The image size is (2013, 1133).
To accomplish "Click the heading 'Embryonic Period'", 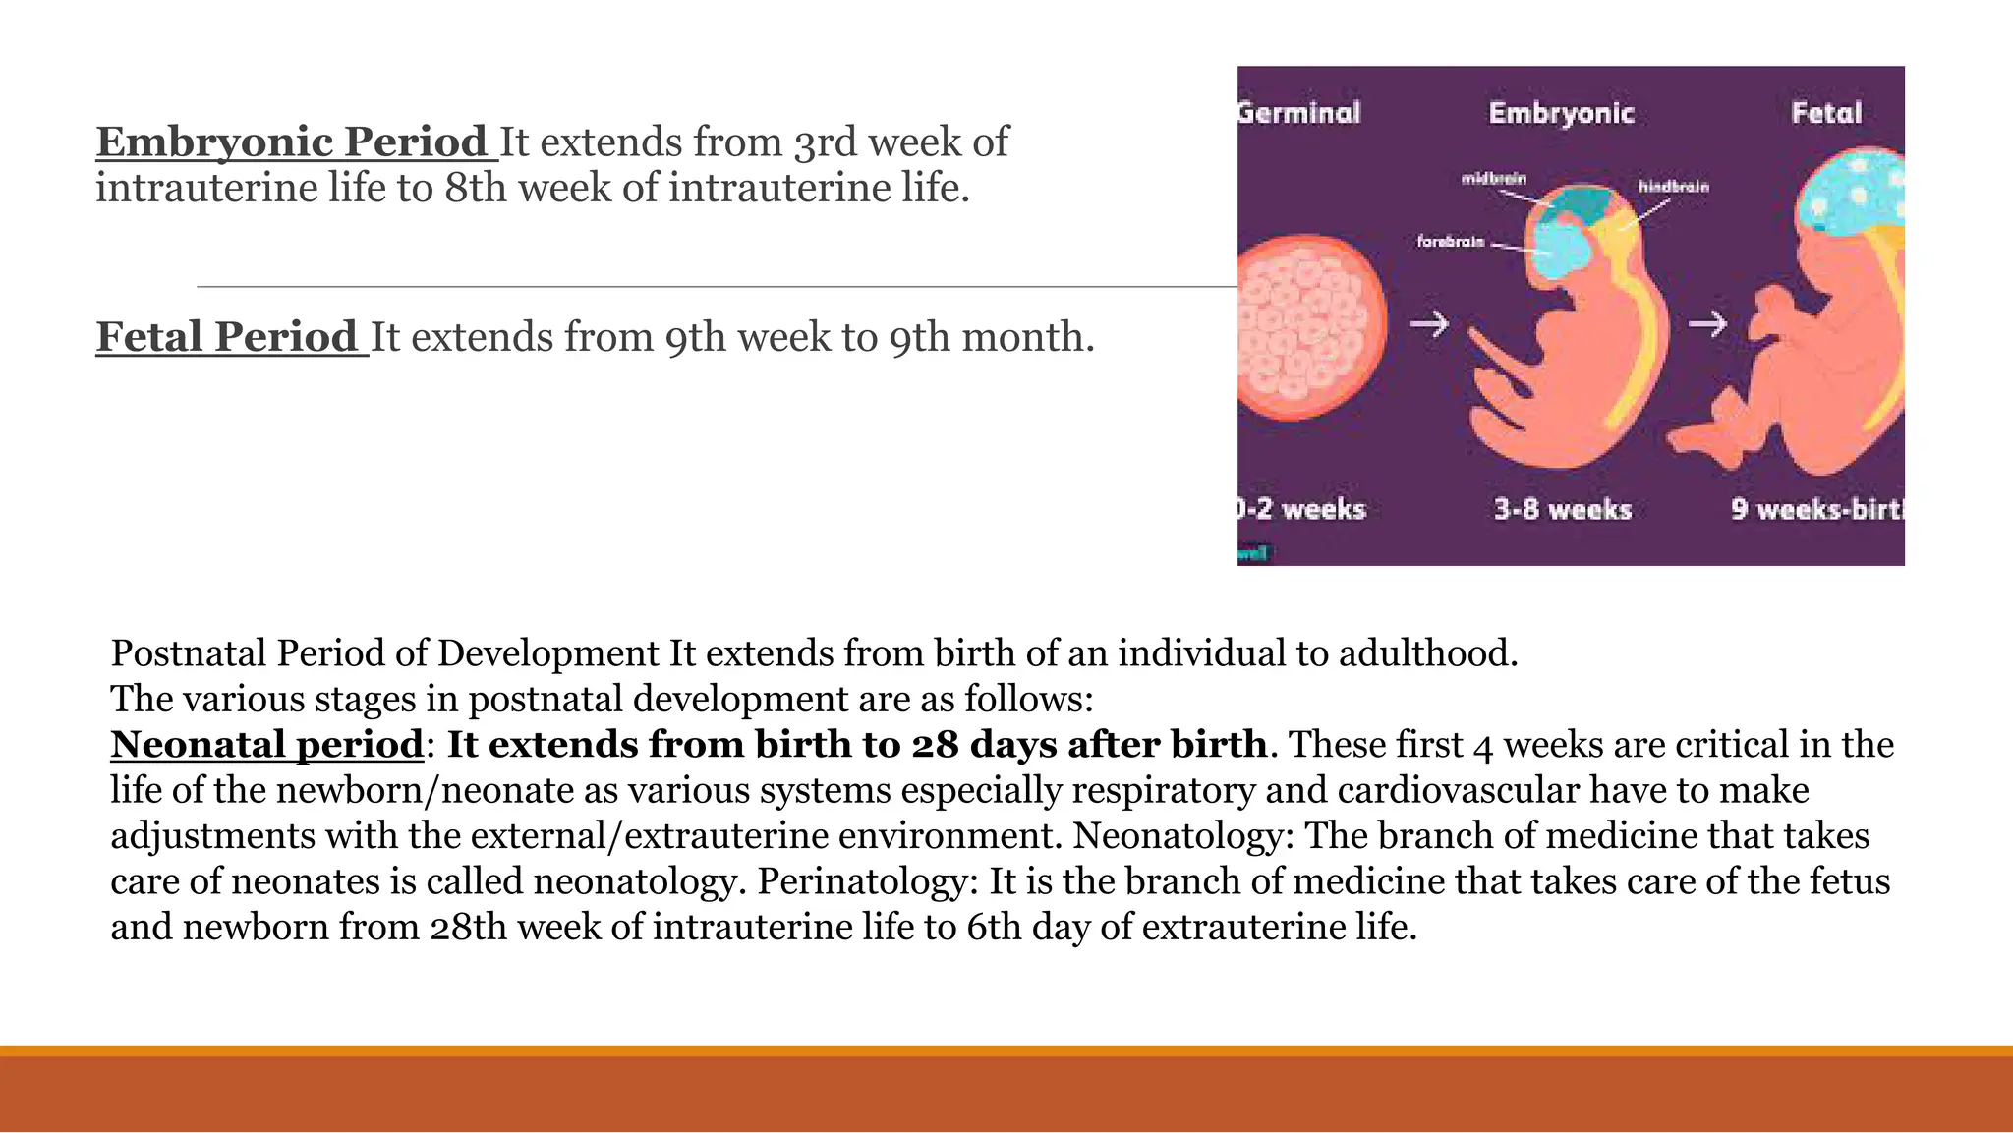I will point(292,142).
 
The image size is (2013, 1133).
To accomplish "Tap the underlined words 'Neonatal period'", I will point(266,744).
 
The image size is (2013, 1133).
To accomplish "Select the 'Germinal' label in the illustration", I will point(1299,113).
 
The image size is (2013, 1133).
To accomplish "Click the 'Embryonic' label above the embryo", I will point(1561,113).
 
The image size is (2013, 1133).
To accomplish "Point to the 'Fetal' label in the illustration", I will point(1826,113).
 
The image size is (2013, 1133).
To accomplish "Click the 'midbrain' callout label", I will point(1494,178).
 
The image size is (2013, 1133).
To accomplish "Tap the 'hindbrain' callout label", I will point(1673,186).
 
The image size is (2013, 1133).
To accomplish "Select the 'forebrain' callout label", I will point(1451,241).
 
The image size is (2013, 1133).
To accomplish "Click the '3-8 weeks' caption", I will point(1563,509).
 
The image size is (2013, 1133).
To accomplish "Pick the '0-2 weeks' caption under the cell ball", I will point(1302,509).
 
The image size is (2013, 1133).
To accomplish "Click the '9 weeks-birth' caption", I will point(1816,509).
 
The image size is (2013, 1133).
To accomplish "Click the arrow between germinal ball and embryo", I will point(1429,323).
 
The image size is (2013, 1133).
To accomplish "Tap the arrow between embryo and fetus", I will point(1707,323).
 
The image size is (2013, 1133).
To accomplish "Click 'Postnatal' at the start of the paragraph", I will point(188,652).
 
